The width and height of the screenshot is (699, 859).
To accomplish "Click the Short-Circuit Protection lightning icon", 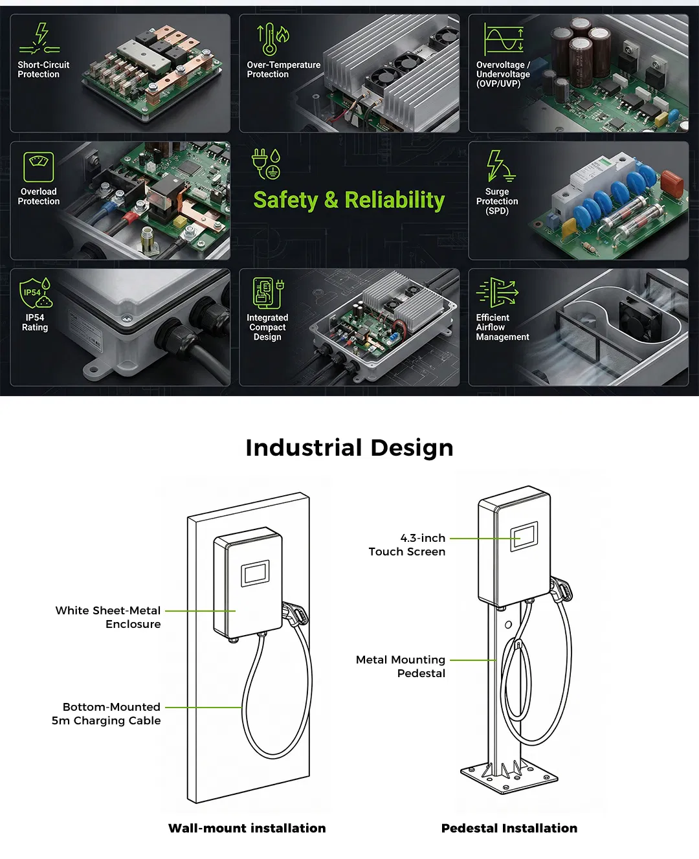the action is [x=39, y=38].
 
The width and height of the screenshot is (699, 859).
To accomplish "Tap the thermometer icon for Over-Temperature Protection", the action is [x=273, y=39].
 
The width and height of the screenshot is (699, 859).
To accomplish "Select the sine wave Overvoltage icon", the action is [x=504, y=39].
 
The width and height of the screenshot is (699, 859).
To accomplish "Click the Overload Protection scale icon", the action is [x=39, y=167].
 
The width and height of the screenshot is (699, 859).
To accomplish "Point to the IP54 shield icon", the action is [x=36, y=293].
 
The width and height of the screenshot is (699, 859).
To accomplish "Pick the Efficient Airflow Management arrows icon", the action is [x=497, y=293].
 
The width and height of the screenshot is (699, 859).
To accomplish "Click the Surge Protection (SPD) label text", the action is [x=496, y=201].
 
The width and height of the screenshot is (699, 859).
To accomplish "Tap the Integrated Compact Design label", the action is [x=267, y=327].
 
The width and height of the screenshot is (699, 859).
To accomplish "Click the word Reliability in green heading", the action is [x=395, y=199].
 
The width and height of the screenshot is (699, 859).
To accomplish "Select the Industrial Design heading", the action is [x=349, y=448].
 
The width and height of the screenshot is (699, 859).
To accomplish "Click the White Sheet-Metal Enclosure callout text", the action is [x=108, y=617].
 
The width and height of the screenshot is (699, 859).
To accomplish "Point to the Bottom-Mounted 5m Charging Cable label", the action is [x=106, y=713].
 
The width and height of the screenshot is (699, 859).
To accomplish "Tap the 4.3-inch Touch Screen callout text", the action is [x=407, y=544].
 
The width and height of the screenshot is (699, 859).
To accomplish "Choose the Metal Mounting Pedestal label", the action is [x=400, y=666].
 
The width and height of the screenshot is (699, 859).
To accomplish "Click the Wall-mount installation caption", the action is [x=247, y=828].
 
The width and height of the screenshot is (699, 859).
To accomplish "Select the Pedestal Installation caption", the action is [x=509, y=828].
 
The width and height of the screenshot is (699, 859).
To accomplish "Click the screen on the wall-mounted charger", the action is [x=255, y=573].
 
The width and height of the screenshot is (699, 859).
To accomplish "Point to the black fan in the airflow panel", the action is [x=640, y=318].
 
